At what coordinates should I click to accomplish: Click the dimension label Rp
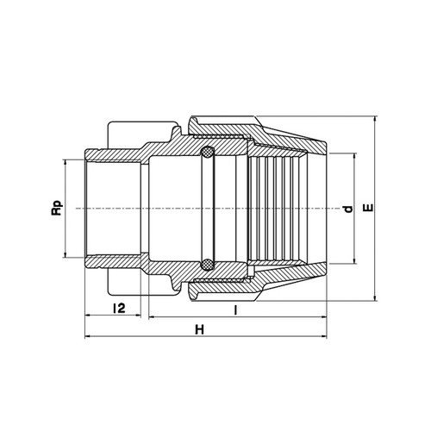click(57, 208)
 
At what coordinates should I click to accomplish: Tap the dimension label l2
click(119, 308)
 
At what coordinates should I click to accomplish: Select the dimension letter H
click(200, 330)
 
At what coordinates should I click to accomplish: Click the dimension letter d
click(348, 209)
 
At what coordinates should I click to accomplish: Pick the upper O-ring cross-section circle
click(207, 152)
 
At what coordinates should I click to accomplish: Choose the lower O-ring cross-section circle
click(207, 265)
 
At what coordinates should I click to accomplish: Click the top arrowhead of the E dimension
click(374, 120)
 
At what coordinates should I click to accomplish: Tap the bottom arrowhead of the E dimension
click(374, 297)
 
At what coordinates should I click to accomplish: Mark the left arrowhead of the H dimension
click(89, 336)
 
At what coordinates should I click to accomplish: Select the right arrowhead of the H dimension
click(323, 336)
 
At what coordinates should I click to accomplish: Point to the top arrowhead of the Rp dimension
click(66, 163)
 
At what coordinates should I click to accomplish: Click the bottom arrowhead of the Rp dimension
click(66, 254)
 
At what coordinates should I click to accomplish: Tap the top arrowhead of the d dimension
click(354, 157)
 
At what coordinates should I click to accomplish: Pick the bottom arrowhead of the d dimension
click(354, 260)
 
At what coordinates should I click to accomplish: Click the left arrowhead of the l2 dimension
click(89, 315)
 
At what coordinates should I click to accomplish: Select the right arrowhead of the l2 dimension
click(137, 315)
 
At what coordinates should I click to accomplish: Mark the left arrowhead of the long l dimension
click(153, 317)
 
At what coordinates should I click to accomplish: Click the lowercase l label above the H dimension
click(235, 310)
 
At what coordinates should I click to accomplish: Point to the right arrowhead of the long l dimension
click(323, 317)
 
